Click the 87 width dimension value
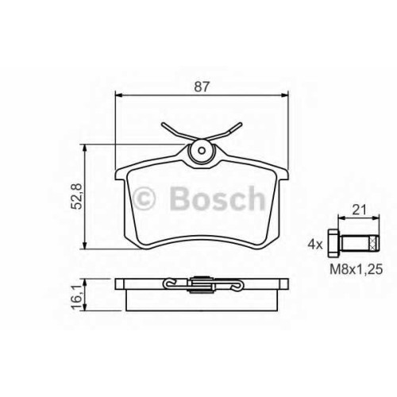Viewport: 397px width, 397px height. pyautogui.click(x=202, y=87)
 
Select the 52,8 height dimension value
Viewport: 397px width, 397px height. pyautogui.click(x=79, y=196)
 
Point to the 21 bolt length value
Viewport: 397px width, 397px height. pyautogui.click(x=360, y=210)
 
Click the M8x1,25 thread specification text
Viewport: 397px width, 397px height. pyautogui.click(x=357, y=269)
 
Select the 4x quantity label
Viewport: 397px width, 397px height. pyautogui.click(x=315, y=245)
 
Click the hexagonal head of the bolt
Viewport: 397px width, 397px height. pyautogui.click(x=333, y=244)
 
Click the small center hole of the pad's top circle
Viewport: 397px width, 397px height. pyautogui.click(x=202, y=151)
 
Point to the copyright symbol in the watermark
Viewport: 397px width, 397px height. pyautogui.click(x=144, y=198)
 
